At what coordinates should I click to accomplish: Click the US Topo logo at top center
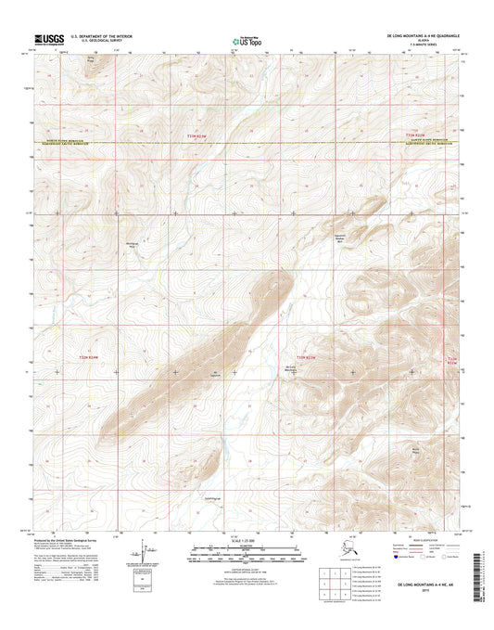pos(247,40)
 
